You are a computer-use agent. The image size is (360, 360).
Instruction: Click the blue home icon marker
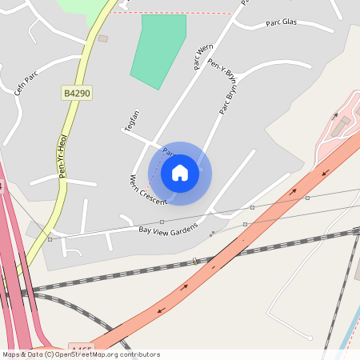click(180, 173)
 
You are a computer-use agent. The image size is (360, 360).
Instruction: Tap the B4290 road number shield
click(77, 94)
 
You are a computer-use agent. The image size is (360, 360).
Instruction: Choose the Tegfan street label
click(132, 119)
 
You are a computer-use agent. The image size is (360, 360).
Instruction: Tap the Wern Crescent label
click(147, 190)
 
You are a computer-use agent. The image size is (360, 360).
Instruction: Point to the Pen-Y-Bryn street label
click(222, 73)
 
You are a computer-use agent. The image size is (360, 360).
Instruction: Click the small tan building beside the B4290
click(102, 38)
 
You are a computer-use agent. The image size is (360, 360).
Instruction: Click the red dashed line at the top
click(176, 13)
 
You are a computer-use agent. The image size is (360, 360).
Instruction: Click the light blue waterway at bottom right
click(348, 336)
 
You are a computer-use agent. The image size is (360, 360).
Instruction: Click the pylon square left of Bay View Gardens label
click(50, 238)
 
